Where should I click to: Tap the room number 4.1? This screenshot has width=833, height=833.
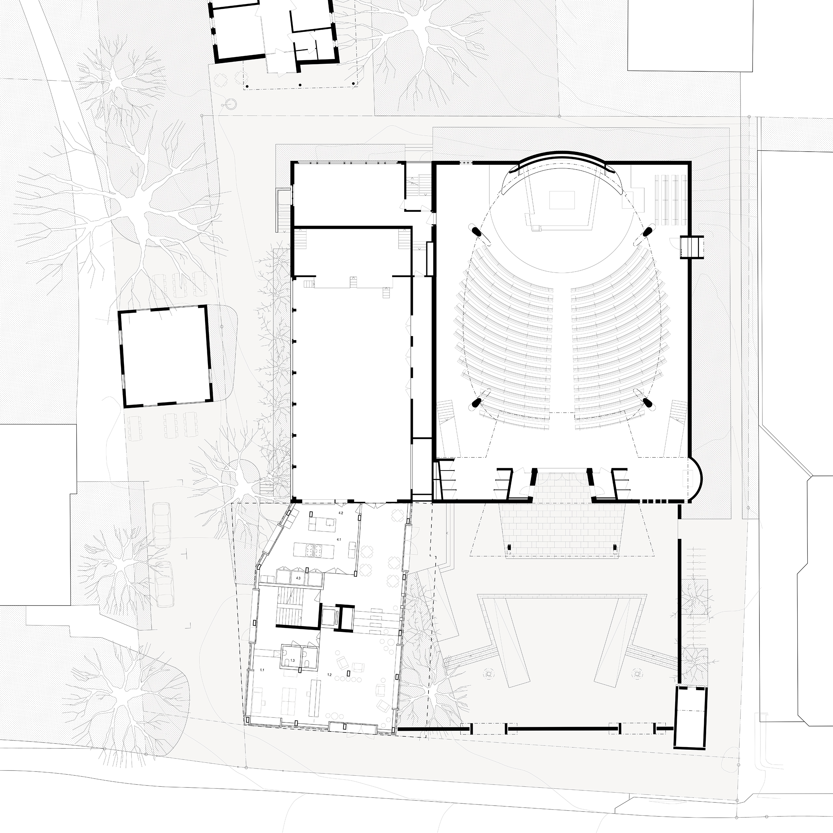point(339,539)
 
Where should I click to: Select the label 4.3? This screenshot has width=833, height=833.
point(298,578)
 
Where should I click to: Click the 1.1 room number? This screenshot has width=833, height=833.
point(263,670)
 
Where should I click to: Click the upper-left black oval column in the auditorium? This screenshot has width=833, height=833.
point(477,232)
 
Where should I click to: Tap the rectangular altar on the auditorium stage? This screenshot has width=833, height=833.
point(562,200)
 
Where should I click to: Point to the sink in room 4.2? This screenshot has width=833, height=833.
point(330,523)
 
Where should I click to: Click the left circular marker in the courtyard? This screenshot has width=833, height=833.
point(489,672)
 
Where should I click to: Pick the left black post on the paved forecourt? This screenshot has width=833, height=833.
point(509,548)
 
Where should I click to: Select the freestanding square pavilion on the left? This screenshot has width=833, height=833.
point(166,356)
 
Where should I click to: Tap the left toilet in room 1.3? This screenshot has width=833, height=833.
point(287,662)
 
